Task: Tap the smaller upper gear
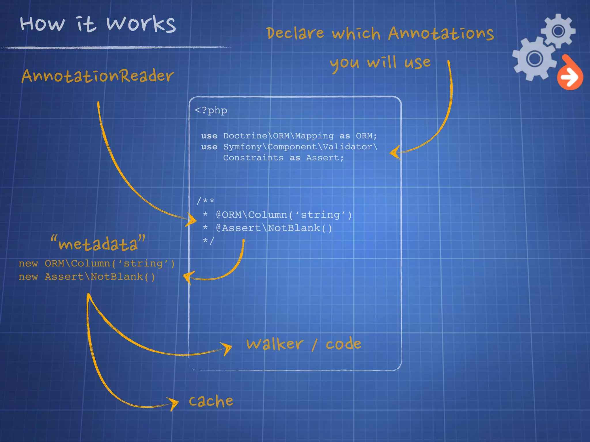click(x=558, y=31)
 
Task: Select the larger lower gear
click(x=534, y=59)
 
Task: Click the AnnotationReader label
click(x=98, y=76)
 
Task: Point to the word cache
click(x=211, y=401)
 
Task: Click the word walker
click(x=275, y=344)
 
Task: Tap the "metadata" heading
click(x=98, y=243)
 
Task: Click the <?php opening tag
click(x=211, y=110)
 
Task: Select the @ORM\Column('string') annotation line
click(x=284, y=215)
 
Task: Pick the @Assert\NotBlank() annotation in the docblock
click(x=274, y=228)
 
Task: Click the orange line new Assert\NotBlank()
click(x=87, y=277)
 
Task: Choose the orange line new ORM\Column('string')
click(x=97, y=264)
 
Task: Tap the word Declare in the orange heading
click(x=295, y=33)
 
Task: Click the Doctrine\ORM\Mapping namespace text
click(x=278, y=136)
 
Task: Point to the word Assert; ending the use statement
click(x=325, y=158)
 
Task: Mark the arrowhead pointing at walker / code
click(x=227, y=348)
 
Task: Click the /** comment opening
click(x=205, y=201)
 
